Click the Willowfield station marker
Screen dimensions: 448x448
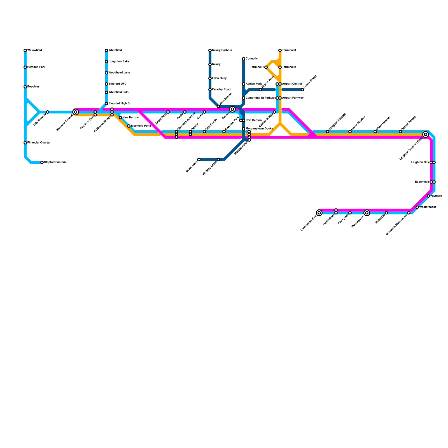point(25,50)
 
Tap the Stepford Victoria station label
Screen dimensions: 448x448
point(55,162)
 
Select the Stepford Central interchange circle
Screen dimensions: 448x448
point(76,112)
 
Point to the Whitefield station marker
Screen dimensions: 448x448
point(106,50)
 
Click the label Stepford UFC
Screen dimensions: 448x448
point(117,84)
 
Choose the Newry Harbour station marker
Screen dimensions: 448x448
point(210,50)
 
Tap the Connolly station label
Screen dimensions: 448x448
point(251,59)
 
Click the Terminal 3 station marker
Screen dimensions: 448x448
point(280,50)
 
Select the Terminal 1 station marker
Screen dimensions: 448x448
point(266,67)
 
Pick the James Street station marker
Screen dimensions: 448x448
point(302,90)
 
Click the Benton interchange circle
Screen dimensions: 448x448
point(232,109)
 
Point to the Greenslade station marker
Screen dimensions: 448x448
point(199,160)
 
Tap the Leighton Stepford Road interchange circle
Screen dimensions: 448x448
point(426,134)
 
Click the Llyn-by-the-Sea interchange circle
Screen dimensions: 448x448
point(319,213)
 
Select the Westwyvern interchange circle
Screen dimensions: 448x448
point(367,213)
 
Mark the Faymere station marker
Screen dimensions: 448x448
point(428,196)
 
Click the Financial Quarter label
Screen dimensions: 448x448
point(39,143)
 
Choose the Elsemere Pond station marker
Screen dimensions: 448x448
point(129,126)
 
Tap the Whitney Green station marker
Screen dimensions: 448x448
point(218,160)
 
